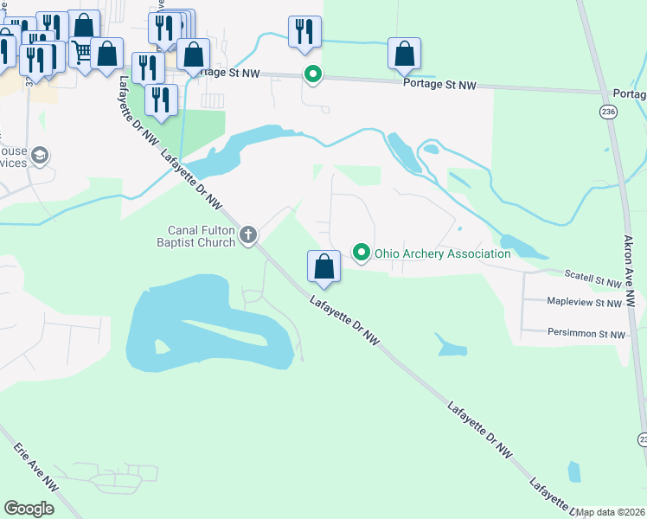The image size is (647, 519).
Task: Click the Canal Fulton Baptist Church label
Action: [202, 236]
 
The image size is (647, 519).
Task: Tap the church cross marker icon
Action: [248, 234]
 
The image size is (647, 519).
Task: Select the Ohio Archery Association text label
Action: [442, 253]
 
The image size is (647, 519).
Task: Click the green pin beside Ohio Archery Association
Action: [361, 253]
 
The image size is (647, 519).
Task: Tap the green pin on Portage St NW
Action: [312, 75]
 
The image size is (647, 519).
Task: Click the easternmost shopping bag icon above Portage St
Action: [404, 53]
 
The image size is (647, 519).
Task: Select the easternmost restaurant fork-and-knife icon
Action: [304, 31]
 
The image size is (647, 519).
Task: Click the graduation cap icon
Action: [39, 156]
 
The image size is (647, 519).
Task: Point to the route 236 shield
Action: [609, 112]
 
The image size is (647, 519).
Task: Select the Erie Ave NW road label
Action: [35, 469]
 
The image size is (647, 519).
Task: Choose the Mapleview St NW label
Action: [585, 303]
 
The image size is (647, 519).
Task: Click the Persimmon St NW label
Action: [586, 333]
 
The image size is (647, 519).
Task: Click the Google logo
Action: [29, 508]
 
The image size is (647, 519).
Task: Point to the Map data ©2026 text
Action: [611, 512]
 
